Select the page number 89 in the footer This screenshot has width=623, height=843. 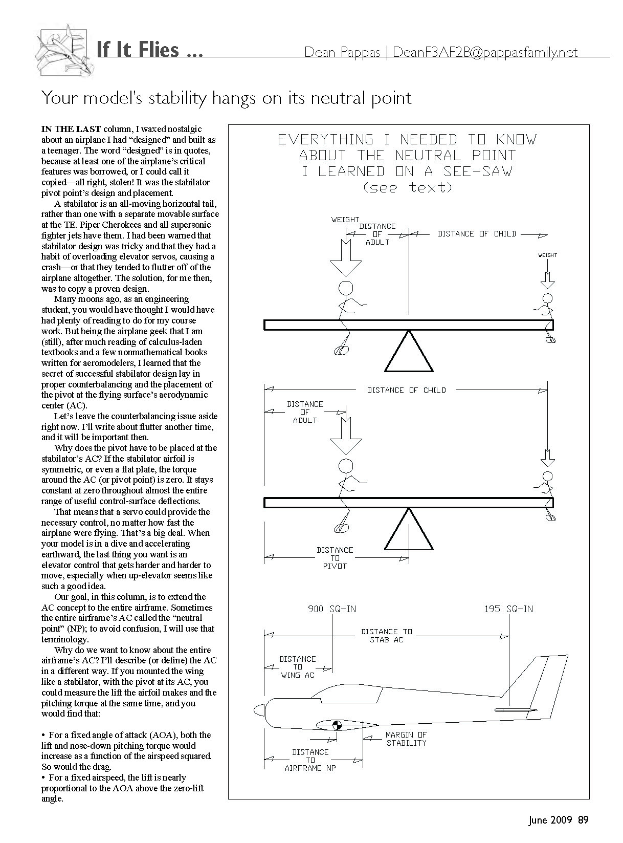point(583,820)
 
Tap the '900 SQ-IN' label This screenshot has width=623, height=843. point(332,609)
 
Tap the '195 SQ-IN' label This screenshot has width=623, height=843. point(508,609)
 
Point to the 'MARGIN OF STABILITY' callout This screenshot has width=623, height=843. point(406,739)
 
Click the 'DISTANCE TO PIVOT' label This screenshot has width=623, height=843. point(335,558)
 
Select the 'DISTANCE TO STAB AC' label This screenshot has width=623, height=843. point(386,636)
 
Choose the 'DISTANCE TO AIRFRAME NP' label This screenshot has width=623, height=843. point(310,760)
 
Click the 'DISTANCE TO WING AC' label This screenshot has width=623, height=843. point(298,667)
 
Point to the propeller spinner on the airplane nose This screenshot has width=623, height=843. point(259,710)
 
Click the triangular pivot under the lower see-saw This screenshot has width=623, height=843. point(409,530)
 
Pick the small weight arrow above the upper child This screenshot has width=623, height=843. point(547,279)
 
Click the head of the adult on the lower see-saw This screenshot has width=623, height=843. point(346,465)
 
